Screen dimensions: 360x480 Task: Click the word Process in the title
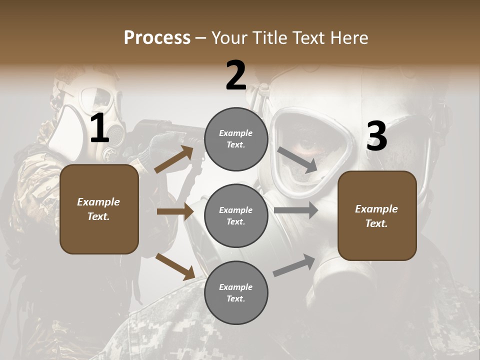tap(157, 38)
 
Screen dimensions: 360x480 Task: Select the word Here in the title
tap(347, 38)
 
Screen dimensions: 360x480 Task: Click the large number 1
tap(99, 128)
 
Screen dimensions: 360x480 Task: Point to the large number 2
tap(236, 75)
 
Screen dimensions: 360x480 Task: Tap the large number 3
tap(376, 136)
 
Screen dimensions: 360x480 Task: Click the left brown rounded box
tap(99, 209)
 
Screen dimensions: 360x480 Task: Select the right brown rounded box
tap(377, 216)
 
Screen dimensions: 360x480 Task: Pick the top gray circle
tap(236, 139)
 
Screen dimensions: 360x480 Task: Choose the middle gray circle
tap(236, 215)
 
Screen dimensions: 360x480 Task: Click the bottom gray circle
tap(236, 292)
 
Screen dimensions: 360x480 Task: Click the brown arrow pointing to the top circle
tap(174, 159)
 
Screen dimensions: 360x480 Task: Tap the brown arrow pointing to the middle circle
tap(175, 211)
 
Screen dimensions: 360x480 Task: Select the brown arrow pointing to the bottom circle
tap(175, 266)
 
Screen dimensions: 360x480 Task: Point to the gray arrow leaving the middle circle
tap(295, 210)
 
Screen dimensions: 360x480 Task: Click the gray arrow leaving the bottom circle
tap(294, 265)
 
